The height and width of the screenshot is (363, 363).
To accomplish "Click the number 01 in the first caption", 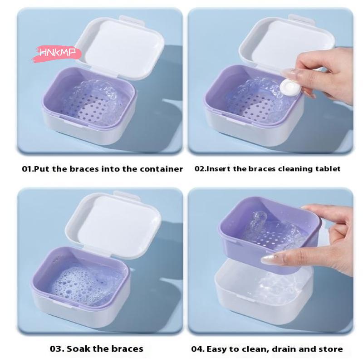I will pyautogui.click(x=27, y=169).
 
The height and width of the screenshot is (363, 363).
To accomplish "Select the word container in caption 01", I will pyautogui.click(x=162, y=169).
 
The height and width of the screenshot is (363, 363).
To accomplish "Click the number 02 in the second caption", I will pyautogui.click(x=200, y=169).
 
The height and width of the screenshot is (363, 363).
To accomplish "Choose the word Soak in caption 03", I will pyautogui.click(x=80, y=349).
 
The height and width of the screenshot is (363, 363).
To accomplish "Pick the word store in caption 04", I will pyautogui.click(x=333, y=349).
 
